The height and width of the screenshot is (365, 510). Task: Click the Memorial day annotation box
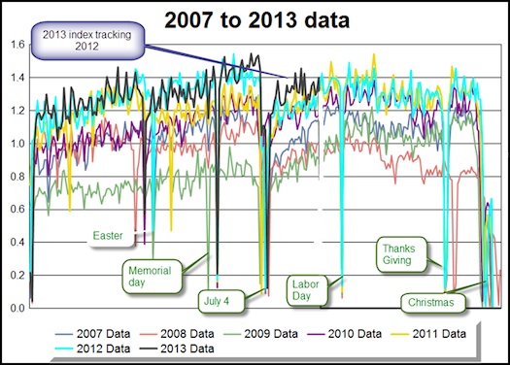pyautogui.click(x=144, y=275)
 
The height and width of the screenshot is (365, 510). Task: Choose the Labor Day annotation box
pyautogui.click(x=309, y=290)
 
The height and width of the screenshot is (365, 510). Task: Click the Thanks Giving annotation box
pyautogui.click(x=399, y=253)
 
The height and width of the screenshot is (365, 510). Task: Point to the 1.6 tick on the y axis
pyautogui.click(x=14, y=44)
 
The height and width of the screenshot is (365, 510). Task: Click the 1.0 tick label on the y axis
pyautogui.click(x=14, y=143)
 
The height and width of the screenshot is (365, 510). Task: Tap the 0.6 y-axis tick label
pyautogui.click(x=14, y=209)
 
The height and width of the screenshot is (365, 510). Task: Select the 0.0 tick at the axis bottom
pyautogui.click(x=14, y=308)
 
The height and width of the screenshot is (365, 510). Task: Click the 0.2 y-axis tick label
pyautogui.click(x=14, y=275)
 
